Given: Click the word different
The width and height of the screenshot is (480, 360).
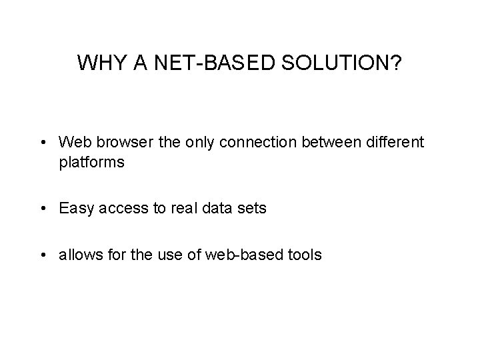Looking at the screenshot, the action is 391,142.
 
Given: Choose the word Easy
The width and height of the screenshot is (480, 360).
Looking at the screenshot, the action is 75,209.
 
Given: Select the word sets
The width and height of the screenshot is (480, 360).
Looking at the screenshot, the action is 249,209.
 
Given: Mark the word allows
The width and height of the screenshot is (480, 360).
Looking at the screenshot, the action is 79,255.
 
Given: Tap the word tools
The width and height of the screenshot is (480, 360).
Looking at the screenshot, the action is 304,255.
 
